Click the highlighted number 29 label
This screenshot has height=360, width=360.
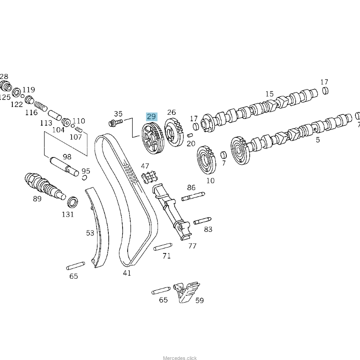point(152,117)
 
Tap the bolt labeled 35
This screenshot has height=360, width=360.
point(115,123)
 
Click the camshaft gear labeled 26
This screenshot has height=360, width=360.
point(174,132)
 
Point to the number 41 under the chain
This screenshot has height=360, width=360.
point(127,273)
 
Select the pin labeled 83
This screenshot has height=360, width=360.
point(202,221)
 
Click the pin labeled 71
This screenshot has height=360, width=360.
point(162,247)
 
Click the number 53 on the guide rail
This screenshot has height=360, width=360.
point(90,233)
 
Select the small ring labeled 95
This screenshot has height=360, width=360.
point(84,178)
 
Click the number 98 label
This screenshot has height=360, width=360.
point(67,157)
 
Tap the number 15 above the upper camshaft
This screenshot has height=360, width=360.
point(269,94)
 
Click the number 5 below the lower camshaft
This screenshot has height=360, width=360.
point(318,140)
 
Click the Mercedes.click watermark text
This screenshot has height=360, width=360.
point(180,357)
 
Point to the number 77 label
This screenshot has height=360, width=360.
point(192,246)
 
